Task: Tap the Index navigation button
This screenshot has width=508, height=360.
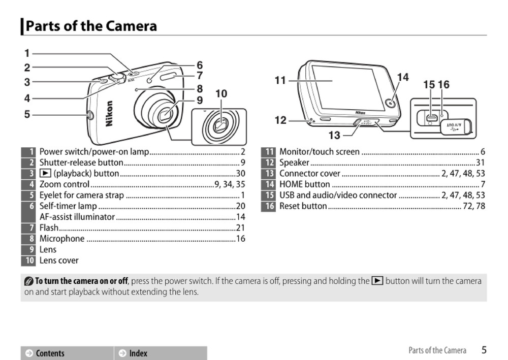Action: point(138,353)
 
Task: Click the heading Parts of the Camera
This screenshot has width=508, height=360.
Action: point(91,26)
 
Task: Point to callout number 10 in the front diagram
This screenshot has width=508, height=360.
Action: point(221,94)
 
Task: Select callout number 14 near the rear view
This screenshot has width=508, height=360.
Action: point(402,77)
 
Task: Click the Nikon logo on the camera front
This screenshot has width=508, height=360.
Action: point(109,113)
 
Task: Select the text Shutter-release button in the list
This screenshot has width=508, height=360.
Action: point(81,162)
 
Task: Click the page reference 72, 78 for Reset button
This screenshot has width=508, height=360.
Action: point(473,206)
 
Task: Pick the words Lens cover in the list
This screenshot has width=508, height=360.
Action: point(59,260)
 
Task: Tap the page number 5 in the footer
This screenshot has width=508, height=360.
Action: point(484,350)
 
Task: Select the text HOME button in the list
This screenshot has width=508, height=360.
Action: point(304,184)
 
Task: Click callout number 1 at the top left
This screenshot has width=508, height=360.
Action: point(27,53)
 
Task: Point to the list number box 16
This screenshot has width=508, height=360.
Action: point(269,206)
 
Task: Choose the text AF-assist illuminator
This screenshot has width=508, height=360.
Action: point(77,217)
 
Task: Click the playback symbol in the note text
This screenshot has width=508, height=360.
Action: point(377,281)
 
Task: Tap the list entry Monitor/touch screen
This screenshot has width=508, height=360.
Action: point(320,152)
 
